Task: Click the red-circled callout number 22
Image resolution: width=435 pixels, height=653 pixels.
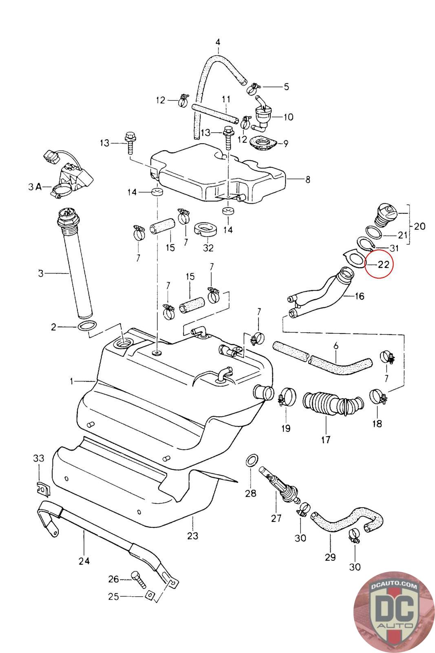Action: (x=383, y=264)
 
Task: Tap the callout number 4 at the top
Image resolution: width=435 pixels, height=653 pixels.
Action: (x=218, y=42)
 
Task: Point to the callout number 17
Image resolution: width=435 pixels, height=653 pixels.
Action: (x=326, y=440)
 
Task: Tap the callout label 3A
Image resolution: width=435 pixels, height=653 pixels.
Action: (x=35, y=187)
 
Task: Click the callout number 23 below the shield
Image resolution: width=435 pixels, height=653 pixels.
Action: (x=192, y=535)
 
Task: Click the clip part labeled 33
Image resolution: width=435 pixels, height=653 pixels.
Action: (x=42, y=488)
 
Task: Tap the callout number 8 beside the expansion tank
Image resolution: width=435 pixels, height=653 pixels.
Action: (x=308, y=179)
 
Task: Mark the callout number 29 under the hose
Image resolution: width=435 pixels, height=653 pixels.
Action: (x=330, y=557)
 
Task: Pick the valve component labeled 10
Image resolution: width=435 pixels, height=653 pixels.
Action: (x=262, y=113)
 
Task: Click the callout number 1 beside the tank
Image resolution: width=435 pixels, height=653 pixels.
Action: (x=72, y=382)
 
